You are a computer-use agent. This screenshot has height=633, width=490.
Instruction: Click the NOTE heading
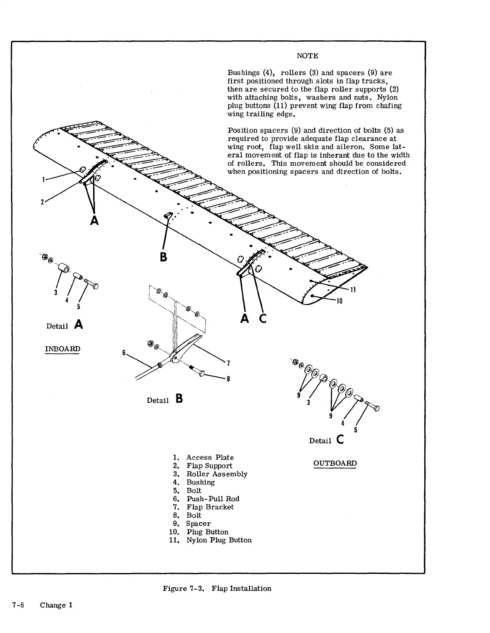pyautogui.click(x=307, y=56)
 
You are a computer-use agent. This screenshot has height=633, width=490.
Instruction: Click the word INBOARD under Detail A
pyautogui.click(x=62, y=349)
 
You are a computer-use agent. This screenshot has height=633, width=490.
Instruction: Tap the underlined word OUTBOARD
pyautogui.click(x=335, y=463)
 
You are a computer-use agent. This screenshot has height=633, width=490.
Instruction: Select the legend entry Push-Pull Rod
pyautogui.click(x=213, y=499)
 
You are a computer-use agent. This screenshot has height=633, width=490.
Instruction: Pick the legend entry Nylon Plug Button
pyautogui.click(x=219, y=540)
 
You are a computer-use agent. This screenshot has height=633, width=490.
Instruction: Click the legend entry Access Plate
pyautogui.click(x=210, y=458)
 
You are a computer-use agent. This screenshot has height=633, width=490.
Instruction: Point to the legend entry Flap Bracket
pyautogui.click(x=210, y=507)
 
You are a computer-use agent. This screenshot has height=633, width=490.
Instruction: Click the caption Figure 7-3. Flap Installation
pyautogui.click(x=217, y=588)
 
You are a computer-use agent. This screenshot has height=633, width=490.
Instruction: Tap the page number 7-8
pyautogui.click(x=18, y=605)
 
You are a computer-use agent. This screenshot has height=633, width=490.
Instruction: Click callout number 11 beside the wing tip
pyautogui.click(x=353, y=290)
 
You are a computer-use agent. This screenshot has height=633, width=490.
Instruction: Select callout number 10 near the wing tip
pyautogui.click(x=339, y=301)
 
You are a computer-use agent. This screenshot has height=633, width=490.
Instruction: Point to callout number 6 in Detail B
pyautogui.click(x=124, y=352)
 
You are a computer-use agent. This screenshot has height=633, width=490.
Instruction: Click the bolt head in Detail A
pyautogui.click(x=95, y=286)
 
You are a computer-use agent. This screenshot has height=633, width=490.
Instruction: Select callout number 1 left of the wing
pyautogui.click(x=43, y=179)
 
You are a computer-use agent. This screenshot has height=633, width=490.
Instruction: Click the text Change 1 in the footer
pyautogui.click(x=56, y=605)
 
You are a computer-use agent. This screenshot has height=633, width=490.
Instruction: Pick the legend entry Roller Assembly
pyautogui.click(x=217, y=474)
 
